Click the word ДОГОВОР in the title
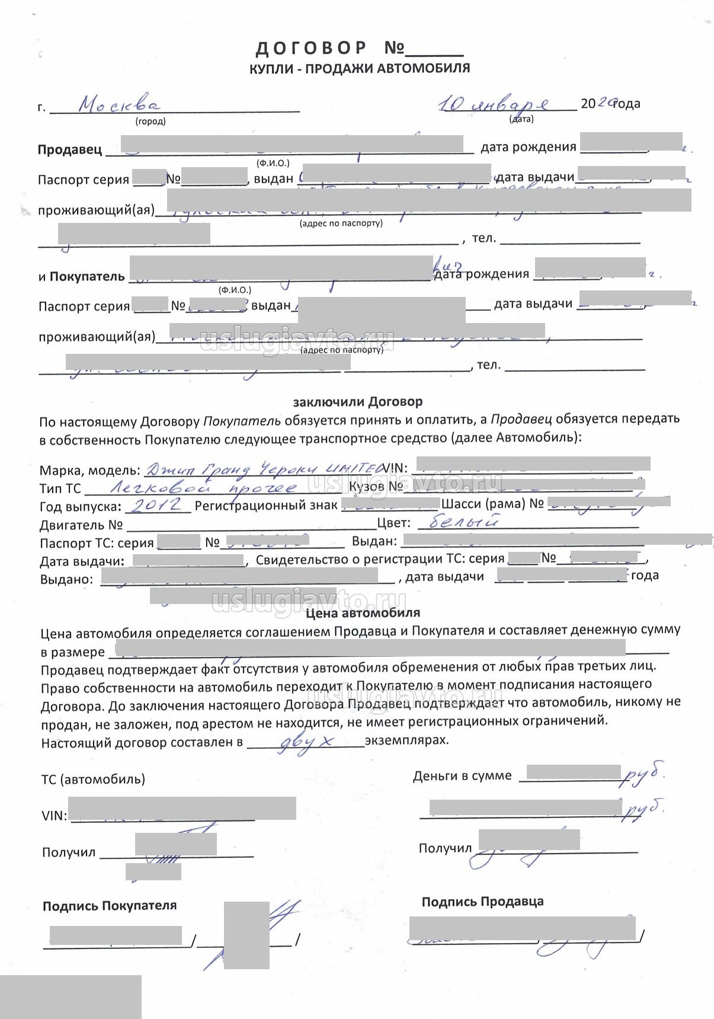311,48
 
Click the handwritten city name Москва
119,105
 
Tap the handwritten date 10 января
493,104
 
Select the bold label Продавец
70,150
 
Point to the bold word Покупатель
87,276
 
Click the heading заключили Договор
358,402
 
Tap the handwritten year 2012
155,505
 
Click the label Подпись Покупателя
110,906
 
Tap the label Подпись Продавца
482,902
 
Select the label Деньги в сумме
462,775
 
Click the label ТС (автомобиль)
93,779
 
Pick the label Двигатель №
81,525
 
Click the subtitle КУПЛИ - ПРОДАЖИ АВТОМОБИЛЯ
360,68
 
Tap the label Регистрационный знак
266,506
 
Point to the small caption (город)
151,122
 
